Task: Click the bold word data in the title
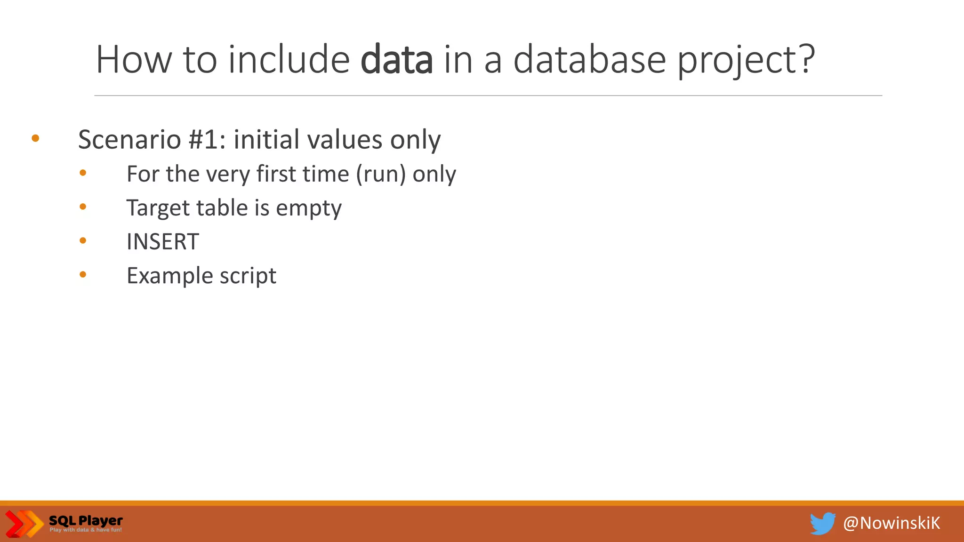396,60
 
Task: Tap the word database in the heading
589,60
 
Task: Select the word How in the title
134,60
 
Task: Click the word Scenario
129,140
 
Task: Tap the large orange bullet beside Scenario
35,138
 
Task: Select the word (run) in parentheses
381,174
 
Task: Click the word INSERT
163,242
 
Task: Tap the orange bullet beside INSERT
83,241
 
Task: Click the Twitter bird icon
822,523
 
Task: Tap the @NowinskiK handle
892,523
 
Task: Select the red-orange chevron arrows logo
24,523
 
